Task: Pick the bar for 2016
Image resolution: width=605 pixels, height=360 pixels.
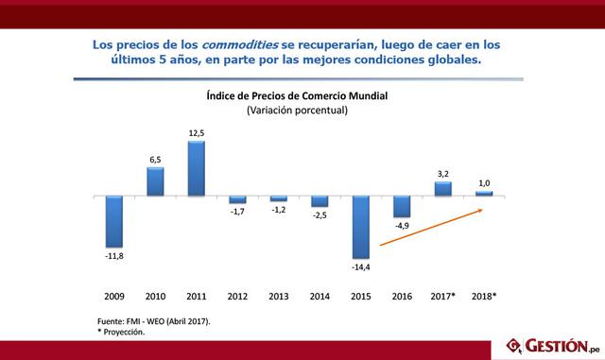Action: (x=402, y=206)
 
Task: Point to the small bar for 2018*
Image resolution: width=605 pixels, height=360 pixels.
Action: (x=485, y=194)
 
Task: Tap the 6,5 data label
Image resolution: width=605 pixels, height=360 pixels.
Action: (x=155, y=161)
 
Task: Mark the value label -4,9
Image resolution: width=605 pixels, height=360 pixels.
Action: (x=402, y=226)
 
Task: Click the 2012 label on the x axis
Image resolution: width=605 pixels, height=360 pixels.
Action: (x=237, y=296)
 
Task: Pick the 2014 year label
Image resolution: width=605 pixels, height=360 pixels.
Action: (x=320, y=296)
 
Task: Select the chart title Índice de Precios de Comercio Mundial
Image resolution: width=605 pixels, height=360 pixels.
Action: (x=298, y=95)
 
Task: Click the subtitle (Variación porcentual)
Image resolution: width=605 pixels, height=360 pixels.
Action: (x=298, y=111)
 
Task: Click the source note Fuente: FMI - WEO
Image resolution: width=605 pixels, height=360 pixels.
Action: (x=154, y=321)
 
